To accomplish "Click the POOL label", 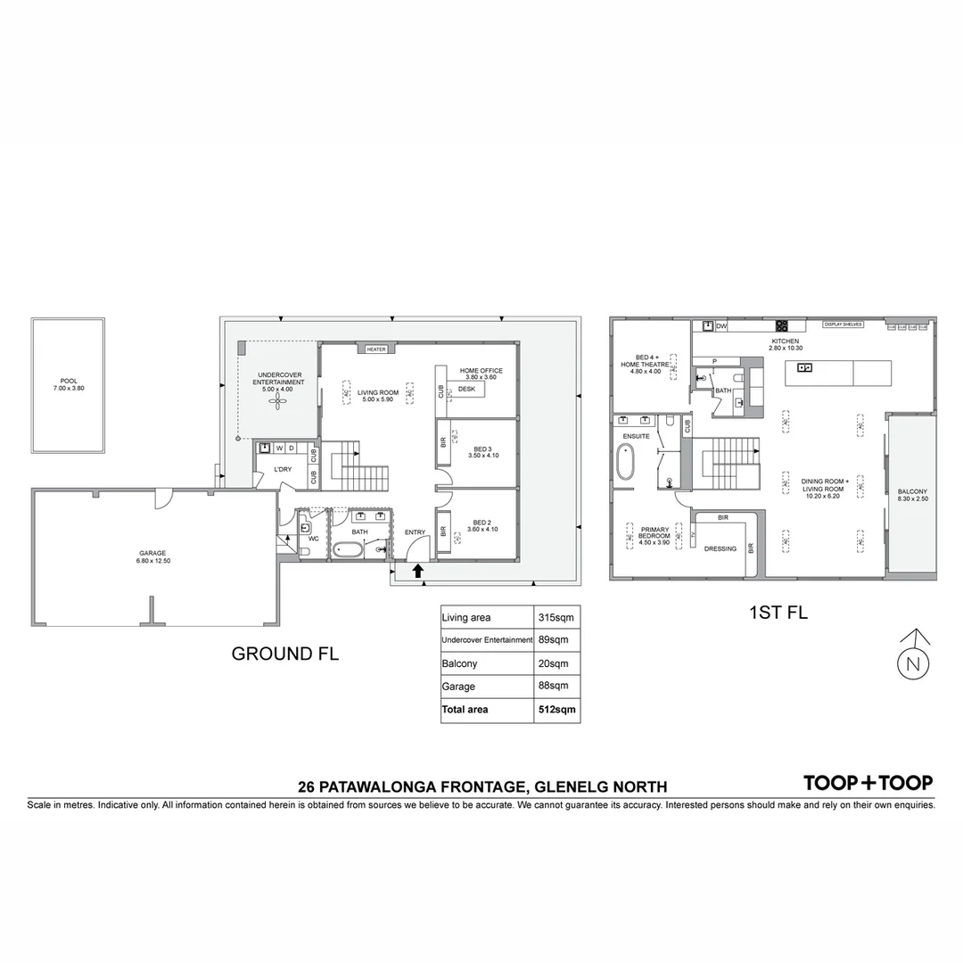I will tap(64, 381).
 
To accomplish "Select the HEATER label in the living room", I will tap(376, 350).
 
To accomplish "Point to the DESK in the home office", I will tap(466, 390).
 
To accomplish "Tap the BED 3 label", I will tap(482, 449).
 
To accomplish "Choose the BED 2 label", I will tap(482, 523).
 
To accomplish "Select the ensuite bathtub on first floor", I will tap(626, 464).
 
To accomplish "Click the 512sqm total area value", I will tap(557, 710).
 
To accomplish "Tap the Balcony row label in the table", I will tap(459, 664).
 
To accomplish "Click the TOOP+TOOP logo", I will tap(868, 783).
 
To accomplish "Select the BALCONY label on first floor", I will tap(912, 491).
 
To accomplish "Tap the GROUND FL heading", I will tap(284, 654).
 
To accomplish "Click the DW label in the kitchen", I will tap(721, 327).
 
